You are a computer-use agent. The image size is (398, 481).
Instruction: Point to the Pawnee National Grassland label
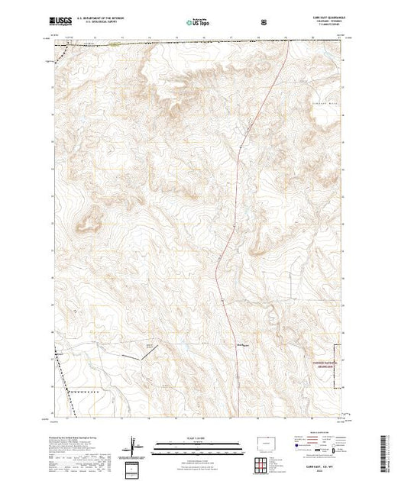[329, 363]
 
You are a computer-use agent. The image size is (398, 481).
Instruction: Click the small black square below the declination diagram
[135, 466]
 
